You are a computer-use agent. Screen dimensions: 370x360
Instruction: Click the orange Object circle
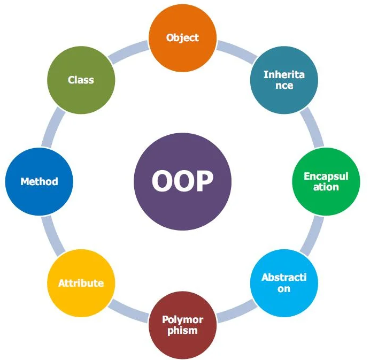(x=182, y=37)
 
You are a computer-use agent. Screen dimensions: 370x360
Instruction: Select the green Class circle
(x=81, y=80)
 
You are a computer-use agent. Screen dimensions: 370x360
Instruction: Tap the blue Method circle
(x=39, y=181)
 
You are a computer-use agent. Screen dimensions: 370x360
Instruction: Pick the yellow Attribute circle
(x=81, y=283)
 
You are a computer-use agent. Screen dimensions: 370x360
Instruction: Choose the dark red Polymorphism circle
(x=182, y=324)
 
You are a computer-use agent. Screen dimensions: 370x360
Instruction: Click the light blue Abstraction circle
(x=284, y=282)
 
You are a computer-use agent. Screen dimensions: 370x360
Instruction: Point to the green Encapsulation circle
(x=326, y=181)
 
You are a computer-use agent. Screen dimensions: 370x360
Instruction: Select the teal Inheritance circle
(x=284, y=80)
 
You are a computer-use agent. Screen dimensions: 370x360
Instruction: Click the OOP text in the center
(x=182, y=181)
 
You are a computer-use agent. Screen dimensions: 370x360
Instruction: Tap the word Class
(x=81, y=80)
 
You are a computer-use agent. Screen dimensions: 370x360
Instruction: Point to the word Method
(x=39, y=181)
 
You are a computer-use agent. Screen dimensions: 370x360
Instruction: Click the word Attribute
(x=81, y=283)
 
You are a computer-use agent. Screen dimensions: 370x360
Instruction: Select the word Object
(x=182, y=37)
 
